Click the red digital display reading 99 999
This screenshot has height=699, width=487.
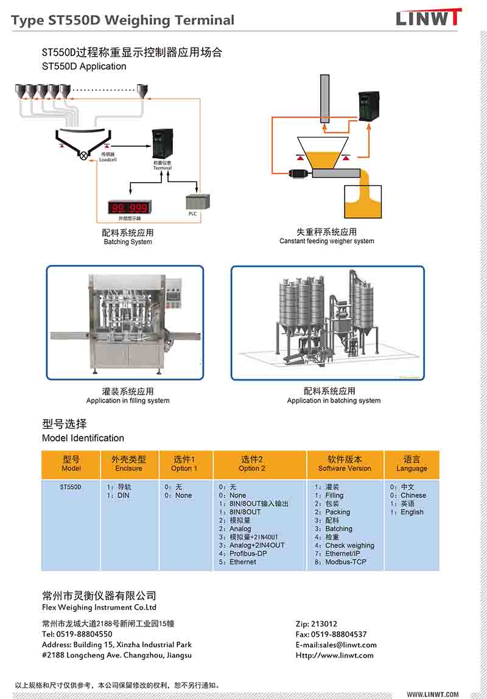129,208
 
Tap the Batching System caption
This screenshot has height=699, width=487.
128,242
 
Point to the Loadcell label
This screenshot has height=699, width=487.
108,160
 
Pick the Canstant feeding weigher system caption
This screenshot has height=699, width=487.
327,241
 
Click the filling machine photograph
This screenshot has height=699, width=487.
125,323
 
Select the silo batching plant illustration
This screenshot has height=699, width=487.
328,323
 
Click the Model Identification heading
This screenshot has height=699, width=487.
83,438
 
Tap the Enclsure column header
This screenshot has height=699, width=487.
128,468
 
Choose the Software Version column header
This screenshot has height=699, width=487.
345,468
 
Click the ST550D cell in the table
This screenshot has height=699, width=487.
71,487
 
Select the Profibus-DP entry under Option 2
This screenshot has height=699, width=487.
248,553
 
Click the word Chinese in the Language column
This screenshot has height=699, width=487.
413,495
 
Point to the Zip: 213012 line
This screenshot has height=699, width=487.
316,624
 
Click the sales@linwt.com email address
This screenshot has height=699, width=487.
348,645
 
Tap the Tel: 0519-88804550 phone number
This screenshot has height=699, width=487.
77,634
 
